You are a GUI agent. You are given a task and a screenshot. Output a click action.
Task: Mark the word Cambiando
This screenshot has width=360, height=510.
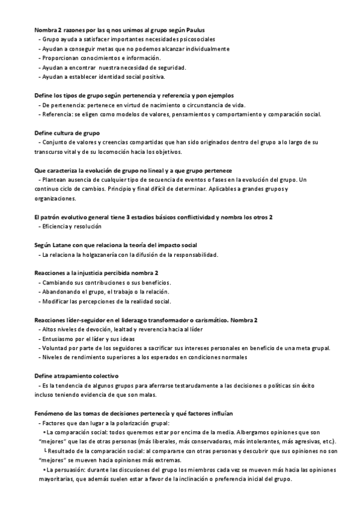pyautogui.click(x=60, y=282)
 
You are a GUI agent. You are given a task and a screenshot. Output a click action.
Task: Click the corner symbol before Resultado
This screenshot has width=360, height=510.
pyautogui.click(x=45, y=451)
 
